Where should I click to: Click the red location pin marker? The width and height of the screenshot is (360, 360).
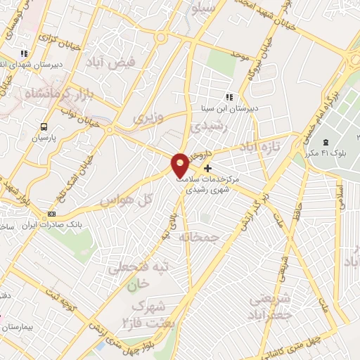[x=181, y=164]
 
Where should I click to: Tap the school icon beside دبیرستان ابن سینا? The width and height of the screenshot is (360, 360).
[x=229, y=97]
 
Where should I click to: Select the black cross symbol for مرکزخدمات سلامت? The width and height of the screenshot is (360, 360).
[x=207, y=168]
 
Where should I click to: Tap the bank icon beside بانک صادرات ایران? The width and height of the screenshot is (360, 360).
[x=51, y=214]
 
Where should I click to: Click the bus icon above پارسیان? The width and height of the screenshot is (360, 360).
[x=45, y=127]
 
